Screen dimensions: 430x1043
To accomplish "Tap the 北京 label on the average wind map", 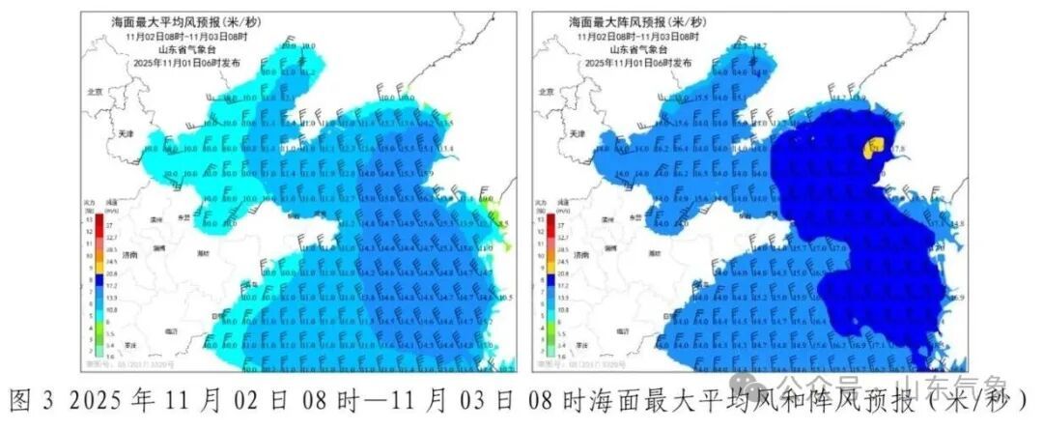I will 94,92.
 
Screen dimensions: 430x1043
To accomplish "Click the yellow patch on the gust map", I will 871,148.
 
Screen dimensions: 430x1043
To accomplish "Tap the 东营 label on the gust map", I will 634,218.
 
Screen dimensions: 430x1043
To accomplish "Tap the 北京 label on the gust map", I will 546,92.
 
